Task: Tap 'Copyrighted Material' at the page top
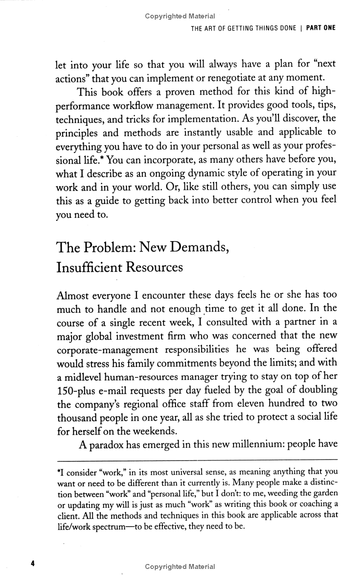tap(180, 16)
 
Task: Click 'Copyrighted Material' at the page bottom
tap(180, 567)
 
